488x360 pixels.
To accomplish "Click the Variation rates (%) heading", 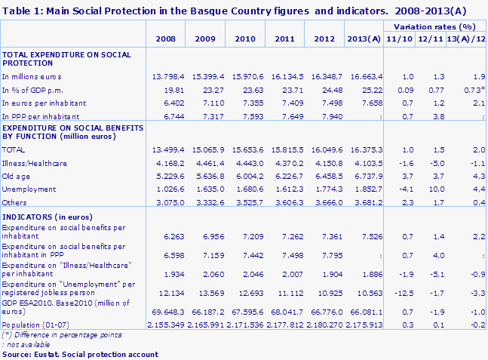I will [x=431, y=25].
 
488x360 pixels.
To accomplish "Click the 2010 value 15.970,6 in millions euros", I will [x=247, y=78].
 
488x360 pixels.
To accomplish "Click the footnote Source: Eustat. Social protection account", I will [x=80, y=353].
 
